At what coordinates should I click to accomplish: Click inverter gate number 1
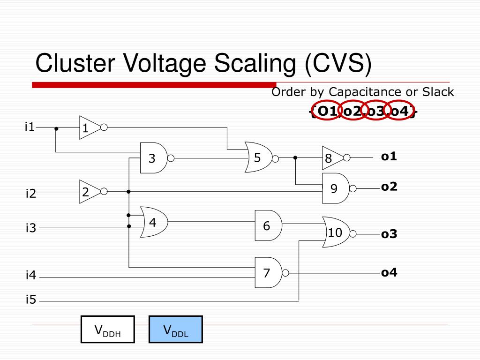tap(92, 127)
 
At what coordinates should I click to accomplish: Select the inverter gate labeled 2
tap(92, 192)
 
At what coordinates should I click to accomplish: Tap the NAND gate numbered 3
tap(156, 158)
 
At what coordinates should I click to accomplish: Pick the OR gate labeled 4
tap(154, 222)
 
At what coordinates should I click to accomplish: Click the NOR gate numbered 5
tap(261, 157)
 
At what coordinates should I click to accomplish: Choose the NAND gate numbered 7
tap(271, 272)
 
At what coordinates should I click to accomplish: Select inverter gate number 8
tap(335, 157)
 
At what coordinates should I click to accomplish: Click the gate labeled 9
tap(338, 188)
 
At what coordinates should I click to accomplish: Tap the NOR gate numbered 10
tap(338, 232)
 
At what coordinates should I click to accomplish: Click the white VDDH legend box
tap(108, 330)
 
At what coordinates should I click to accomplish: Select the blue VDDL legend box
tap(176, 330)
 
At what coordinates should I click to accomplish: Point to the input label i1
tap(30, 127)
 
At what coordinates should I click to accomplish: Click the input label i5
tap(31, 299)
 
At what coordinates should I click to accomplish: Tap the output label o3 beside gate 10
tap(389, 234)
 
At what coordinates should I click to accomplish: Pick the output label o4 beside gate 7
tap(389, 272)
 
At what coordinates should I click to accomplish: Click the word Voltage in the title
tap(165, 64)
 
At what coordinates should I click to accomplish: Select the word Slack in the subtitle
tap(438, 92)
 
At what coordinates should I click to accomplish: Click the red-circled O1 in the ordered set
tap(327, 111)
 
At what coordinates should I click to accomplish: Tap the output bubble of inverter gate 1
tap(104, 127)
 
